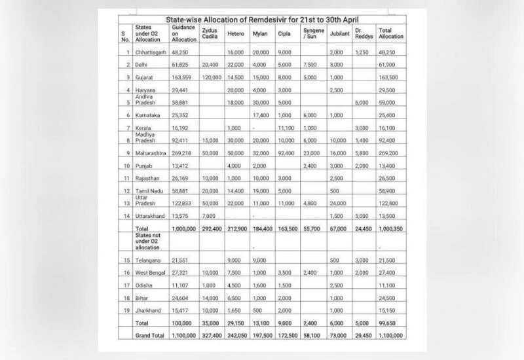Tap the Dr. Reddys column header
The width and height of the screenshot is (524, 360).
pos(363,35)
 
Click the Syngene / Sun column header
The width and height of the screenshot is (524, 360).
pos(314,35)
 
